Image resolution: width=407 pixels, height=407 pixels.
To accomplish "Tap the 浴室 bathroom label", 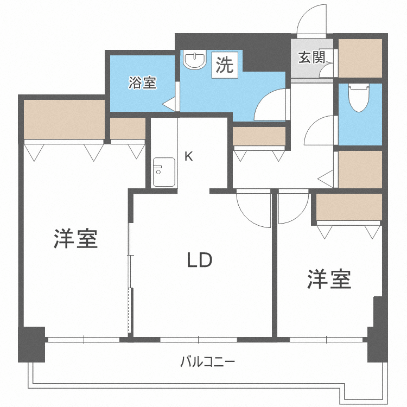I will click(x=142, y=83).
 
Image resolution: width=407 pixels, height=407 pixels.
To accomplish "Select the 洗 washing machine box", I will click(x=224, y=65).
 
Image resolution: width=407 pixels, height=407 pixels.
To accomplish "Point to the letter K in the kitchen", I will click(x=189, y=157).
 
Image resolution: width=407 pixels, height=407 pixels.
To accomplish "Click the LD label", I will click(x=200, y=261).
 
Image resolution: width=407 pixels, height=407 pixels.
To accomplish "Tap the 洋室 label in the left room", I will click(x=75, y=239).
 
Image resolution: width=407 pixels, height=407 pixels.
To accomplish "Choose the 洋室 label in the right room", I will click(x=329, y=279).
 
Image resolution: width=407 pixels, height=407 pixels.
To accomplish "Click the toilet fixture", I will click(x=359, y=98).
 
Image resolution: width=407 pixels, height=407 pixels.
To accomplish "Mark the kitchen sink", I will click(x=163, y=172).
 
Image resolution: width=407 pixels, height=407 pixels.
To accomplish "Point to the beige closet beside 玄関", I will click(x=360, y=58).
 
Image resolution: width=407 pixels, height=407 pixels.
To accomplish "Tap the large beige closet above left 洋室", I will click(x=64, y=120).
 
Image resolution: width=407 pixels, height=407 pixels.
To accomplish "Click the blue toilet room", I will click(x=360, y=114).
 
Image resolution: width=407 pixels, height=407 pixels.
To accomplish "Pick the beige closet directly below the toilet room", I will click(x=360, y=169).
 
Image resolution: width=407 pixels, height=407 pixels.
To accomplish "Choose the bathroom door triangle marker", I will click(x=168, y=104).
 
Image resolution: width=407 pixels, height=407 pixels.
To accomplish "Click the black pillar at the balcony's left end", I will click(x=31, y=344).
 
